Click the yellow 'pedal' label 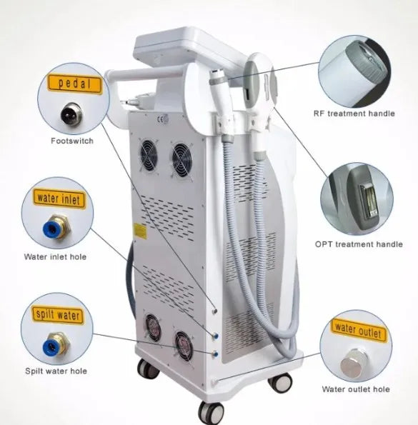coord(75,83)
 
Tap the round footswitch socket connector coord(71,114)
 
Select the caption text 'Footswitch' coord(72,141)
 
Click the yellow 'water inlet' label coord(59,199)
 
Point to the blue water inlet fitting coord(55,227)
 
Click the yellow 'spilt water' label coord(58,315)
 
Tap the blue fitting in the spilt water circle coord(56,344)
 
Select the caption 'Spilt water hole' coord(56,371)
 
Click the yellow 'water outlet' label coord(359,331)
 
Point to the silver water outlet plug coord(353,363)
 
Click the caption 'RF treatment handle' coord(354,114)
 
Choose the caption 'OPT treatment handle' coord(359,244)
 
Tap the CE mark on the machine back coord(162,119)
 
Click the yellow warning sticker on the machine coord(140,231)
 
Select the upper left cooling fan coord(149,155)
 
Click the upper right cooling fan coord(182,160)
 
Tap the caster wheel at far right coord(280,382)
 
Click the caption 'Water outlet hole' coord(356,389)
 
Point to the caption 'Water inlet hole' coord(55,256)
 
